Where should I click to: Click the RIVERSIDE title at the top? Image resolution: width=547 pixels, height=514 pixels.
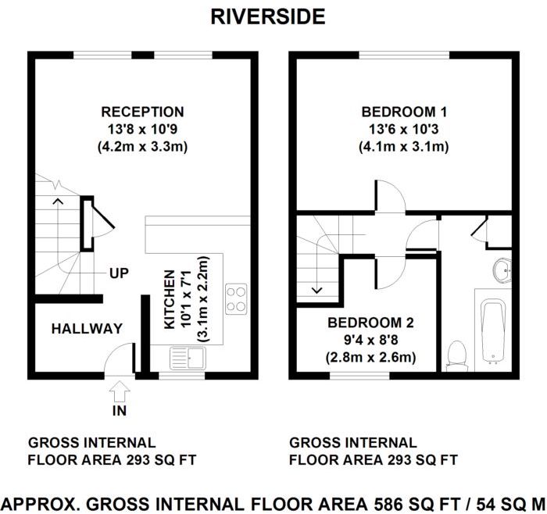268,16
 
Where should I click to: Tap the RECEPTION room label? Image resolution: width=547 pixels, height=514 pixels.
142,112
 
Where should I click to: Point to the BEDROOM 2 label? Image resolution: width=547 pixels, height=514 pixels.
370,323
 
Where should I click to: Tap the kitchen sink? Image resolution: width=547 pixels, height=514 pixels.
188,359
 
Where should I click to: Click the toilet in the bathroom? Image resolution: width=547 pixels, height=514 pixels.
456,355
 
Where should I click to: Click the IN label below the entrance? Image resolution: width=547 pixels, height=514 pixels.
120,410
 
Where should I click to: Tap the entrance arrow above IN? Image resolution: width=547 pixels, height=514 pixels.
120,389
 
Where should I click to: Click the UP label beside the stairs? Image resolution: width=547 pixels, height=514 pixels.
119,273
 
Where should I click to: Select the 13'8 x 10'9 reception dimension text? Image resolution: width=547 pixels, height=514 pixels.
142,129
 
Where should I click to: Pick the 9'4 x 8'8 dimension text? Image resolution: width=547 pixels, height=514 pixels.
370,340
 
